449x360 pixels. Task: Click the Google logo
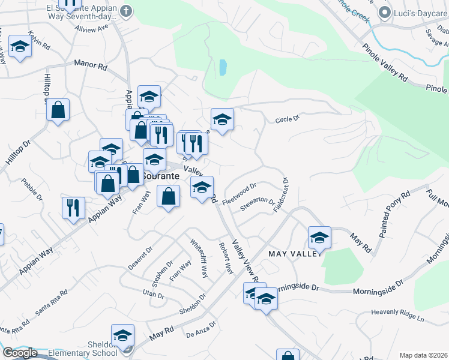[20, 353]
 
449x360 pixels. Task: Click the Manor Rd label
[90, 65]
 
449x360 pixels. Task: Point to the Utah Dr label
[153, 294]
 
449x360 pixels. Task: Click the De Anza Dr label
[200, 332]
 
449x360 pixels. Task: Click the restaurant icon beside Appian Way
[73, 208]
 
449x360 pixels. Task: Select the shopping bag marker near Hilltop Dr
[58, 110]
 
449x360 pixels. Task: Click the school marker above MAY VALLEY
[320, 237]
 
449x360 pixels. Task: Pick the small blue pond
[223, 67]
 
